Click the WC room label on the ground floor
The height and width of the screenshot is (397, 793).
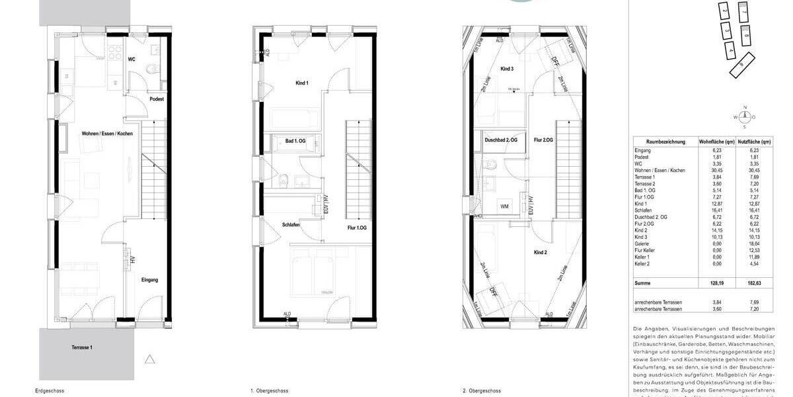pos(132,59)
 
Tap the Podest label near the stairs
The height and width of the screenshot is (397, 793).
pos(157,99)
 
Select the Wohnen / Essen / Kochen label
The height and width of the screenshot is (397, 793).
pos(107,134)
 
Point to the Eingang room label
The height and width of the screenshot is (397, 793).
pos(149,280)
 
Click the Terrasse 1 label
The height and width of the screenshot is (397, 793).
pos(83,347)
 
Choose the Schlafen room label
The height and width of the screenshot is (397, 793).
pos(291,225)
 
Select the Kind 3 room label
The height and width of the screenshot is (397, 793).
pos(507,69)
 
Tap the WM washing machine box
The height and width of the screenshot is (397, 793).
pos(505,207)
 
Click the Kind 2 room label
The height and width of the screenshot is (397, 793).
pos(541,253)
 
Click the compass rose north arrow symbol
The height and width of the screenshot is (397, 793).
pos(745,117)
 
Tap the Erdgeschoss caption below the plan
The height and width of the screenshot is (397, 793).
pos(50,391)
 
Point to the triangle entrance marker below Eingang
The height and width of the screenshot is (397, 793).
pos(150,359)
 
